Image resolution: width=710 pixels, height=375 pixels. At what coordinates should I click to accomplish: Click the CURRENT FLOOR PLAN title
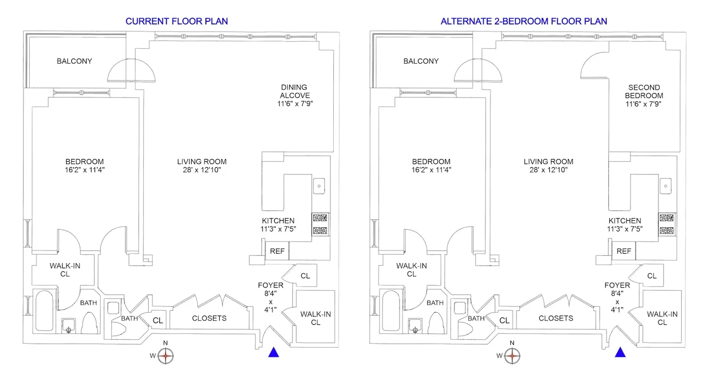coord(177,21)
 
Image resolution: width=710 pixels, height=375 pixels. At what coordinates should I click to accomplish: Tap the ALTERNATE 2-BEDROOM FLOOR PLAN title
coord(524,21)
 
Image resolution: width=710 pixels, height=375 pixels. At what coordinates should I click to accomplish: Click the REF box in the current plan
coord(277,251)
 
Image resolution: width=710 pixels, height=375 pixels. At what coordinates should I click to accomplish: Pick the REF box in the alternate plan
coord(623,251)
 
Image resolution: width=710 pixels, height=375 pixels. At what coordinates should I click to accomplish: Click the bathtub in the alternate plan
coord(391,311)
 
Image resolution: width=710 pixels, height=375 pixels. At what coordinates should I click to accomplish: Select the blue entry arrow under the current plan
coord(274,352)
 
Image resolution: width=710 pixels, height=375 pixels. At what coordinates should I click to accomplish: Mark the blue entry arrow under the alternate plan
coord(620,352)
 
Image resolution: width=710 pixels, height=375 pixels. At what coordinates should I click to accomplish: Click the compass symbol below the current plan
coord(165,355)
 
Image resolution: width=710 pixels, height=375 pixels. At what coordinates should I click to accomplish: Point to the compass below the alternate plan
coord(512,355)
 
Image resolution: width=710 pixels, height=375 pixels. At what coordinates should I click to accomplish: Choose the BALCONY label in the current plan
coord(74,61)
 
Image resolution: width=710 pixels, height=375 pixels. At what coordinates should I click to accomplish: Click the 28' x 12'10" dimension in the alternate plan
coord(548,169)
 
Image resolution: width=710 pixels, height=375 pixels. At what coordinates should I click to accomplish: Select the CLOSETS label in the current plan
coord(209,318)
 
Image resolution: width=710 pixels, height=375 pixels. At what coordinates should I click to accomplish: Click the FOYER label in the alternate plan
coord(617,285)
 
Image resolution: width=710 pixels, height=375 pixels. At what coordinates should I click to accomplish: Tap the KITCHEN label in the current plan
coord(278,221)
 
